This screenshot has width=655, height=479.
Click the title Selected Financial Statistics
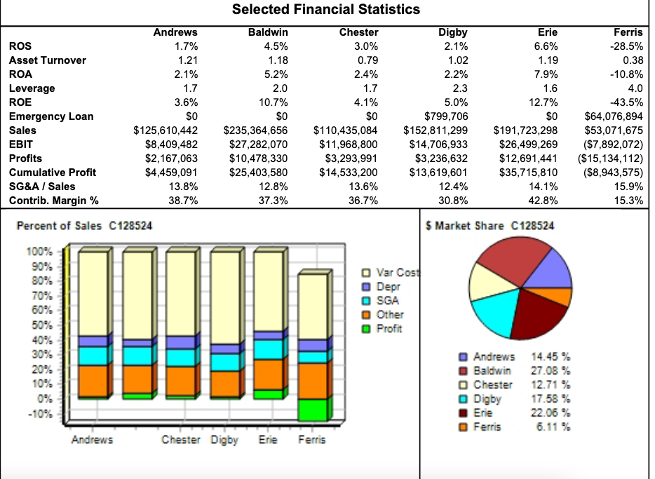coord(326,10)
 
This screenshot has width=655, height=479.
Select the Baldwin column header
coord(268,32)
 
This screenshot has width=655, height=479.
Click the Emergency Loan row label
coord(50,116)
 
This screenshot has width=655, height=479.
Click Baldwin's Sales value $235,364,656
coord(255,130)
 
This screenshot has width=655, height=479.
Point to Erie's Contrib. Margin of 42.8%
coord(543,201)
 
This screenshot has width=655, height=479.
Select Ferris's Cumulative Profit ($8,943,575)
coord(609,173)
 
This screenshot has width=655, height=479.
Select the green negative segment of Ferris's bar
coord(313,410)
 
